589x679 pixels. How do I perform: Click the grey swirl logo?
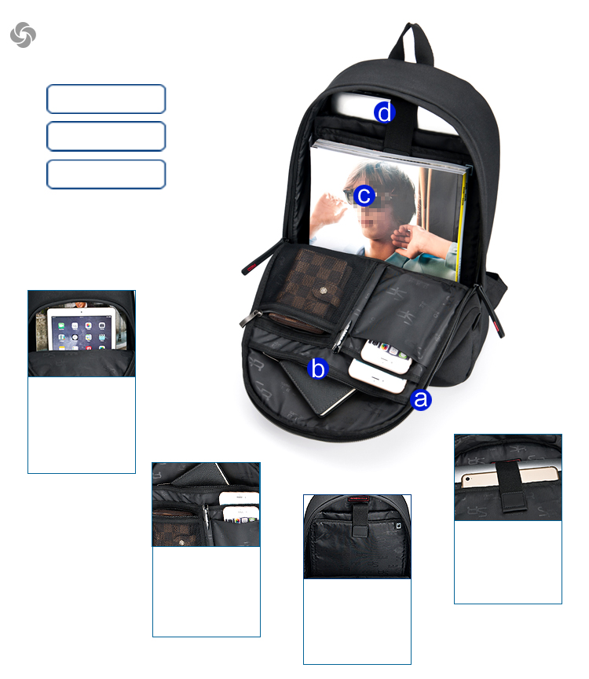(x=23, y=34)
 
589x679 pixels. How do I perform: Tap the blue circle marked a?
(x=421, y=399)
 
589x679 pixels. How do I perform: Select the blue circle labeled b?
(x=317, y=368)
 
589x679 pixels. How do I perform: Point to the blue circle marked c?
(x=363, y=195)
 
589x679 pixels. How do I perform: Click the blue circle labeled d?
(x=383, y=112)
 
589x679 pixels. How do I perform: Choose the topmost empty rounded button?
(x=106, y=99)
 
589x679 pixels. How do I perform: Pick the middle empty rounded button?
(x=106, y=136)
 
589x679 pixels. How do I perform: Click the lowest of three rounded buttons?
(x=106, y=174)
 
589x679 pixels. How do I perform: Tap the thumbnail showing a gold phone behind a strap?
(x=508, y=476)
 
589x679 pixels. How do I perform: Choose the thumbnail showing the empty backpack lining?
(x=357, y=537)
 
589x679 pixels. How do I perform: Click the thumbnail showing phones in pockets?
(x=206, y=505)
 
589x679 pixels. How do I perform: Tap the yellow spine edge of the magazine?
(x=463, y=224)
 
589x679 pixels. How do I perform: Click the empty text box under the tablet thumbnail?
(x=82, y=424)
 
